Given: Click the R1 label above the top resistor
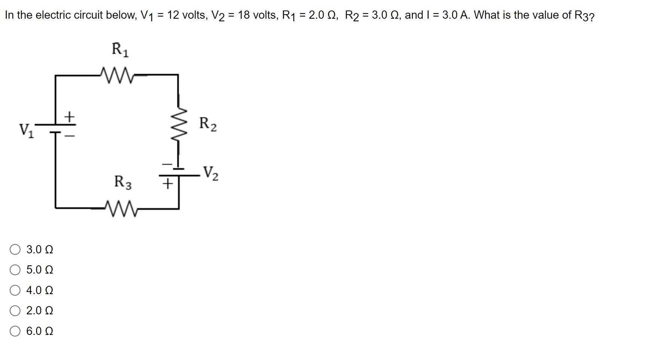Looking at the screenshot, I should click(x=120, y=50).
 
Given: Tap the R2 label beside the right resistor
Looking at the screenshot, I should click(x=208, y=123).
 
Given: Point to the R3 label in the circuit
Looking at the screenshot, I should click(x=123, y=182).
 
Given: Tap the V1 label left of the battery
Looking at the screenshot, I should click(x=27, y=131).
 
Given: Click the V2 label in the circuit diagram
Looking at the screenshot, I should click(x=211, y=173).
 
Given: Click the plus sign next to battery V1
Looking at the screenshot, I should click(x=69, y=116).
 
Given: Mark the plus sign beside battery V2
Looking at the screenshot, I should click(x=168, y=183).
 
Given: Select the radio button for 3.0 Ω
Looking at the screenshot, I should click(x=15, y=250).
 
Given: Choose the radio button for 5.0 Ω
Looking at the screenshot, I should click(x=15, y=270).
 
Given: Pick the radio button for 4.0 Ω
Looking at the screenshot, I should click(x=15, y=290).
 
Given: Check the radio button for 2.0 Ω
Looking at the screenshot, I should click(x=15, y=311).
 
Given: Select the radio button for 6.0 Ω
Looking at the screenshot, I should click(x=15, y=331).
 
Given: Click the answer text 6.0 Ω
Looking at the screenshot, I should click(x=40, y=331).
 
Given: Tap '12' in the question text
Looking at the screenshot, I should click(x=173, y=15).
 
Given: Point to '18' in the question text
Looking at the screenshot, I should click(x=244, y=15).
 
